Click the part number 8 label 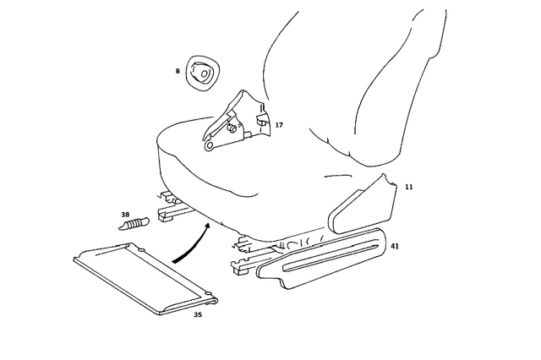[178, 71]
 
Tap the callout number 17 [279, 125]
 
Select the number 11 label [408, 185]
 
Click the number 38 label [125, 215]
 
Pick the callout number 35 [198, 314]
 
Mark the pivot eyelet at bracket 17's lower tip [209, 145]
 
